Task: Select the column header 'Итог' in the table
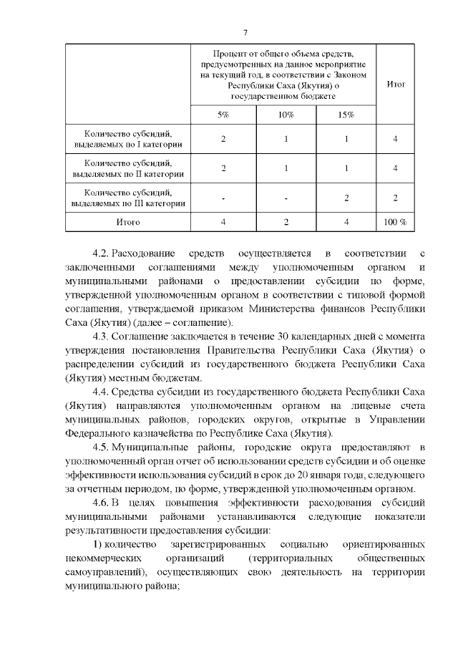(x=396, y=84)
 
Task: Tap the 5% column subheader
(x=223, y=115)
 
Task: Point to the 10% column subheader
(x=286, y=115)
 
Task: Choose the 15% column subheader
(x=346, y=115)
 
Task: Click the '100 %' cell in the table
(x=395, y=222)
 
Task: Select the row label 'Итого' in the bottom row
(x=128, y=222)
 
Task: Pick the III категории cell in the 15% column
(x=346, y=198)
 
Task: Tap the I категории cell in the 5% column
(x=223, y=139)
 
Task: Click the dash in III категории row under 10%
(x=286, y=198)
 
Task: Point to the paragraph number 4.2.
(x=101, y=253)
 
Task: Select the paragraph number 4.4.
(x=101, y=392)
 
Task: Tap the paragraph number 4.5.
(x=101, y=448)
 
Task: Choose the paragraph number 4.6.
(x=101, y=503)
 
